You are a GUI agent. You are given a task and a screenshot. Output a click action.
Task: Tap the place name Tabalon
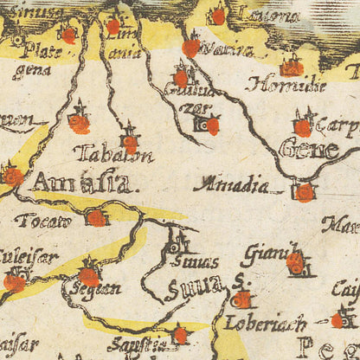(x=113, y=155)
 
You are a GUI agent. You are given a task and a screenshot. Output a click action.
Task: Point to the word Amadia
(x=231, y=183)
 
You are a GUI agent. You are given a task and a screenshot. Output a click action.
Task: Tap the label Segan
(x=96, y=289)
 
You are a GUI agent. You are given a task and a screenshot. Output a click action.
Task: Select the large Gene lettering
(x=308, y=149)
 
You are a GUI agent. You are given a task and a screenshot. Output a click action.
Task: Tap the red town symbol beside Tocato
(x=96, y=218)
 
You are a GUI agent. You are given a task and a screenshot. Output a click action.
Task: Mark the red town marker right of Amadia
(x=304, y=192)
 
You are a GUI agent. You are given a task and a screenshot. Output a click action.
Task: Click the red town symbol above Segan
(x=88, y=276)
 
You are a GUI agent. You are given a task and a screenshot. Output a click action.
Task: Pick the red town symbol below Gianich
(x=295, y=261)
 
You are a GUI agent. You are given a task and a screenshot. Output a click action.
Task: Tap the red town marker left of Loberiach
(x=241, y=299)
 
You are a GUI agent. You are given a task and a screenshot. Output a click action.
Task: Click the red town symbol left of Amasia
(x=13, y=176)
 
